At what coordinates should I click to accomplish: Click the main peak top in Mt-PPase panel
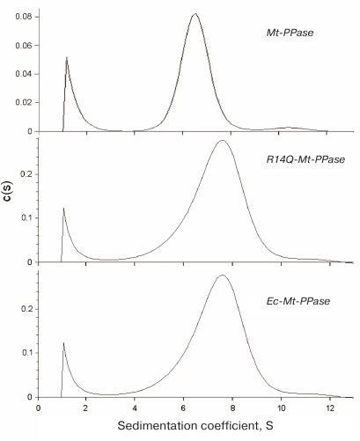[195, 14]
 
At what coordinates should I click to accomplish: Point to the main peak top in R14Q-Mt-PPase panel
[223, 141]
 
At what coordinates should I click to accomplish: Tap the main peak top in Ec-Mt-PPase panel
[223, 276]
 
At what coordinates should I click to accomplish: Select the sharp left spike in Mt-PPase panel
[67, 58]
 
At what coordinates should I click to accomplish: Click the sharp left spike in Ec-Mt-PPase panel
[63, 343]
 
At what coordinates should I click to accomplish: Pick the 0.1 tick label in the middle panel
[26, 217]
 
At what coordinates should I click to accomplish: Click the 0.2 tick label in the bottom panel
[26, 309]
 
